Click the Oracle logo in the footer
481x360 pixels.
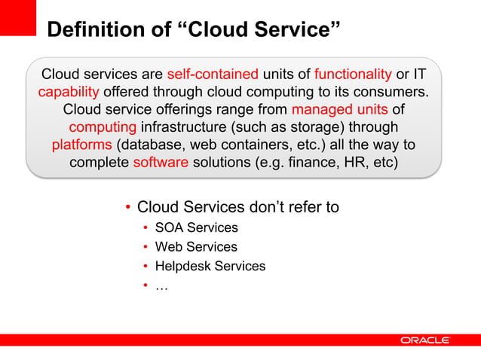425,340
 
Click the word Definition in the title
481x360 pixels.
90,29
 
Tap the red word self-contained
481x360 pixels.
214,75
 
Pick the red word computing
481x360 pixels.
103,127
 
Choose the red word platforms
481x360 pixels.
81,145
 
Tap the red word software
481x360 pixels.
161,162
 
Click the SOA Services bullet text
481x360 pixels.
196,227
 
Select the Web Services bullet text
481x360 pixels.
196,247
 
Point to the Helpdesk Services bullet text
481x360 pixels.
210,266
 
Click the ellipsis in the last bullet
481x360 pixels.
161,285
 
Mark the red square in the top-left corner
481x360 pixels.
18,17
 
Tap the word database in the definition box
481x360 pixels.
152,145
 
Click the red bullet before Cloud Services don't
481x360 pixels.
129,207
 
